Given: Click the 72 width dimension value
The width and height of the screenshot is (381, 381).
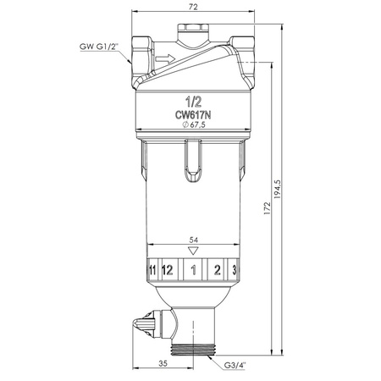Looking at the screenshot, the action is click(x=193, y=7).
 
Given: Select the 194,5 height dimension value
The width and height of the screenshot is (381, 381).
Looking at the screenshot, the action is click(x=278, y=189).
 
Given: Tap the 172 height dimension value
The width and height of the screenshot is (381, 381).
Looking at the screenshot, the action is click(x=267, y=208).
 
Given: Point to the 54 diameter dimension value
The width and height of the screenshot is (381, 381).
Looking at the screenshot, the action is click(x=194, y=240).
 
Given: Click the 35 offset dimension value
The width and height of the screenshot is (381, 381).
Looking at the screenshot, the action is click(x=163, y=363).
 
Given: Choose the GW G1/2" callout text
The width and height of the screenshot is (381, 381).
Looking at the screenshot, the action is click(x=98, y=47).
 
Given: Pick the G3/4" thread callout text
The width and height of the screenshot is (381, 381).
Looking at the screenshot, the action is click(x=235, y=365).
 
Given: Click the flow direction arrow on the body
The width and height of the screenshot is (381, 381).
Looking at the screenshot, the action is click(x=165, y=58).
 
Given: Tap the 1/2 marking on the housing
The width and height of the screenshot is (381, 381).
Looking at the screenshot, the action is click(x=193, y=102).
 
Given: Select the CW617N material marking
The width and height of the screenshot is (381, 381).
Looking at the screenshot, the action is click(x=193, y=115).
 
